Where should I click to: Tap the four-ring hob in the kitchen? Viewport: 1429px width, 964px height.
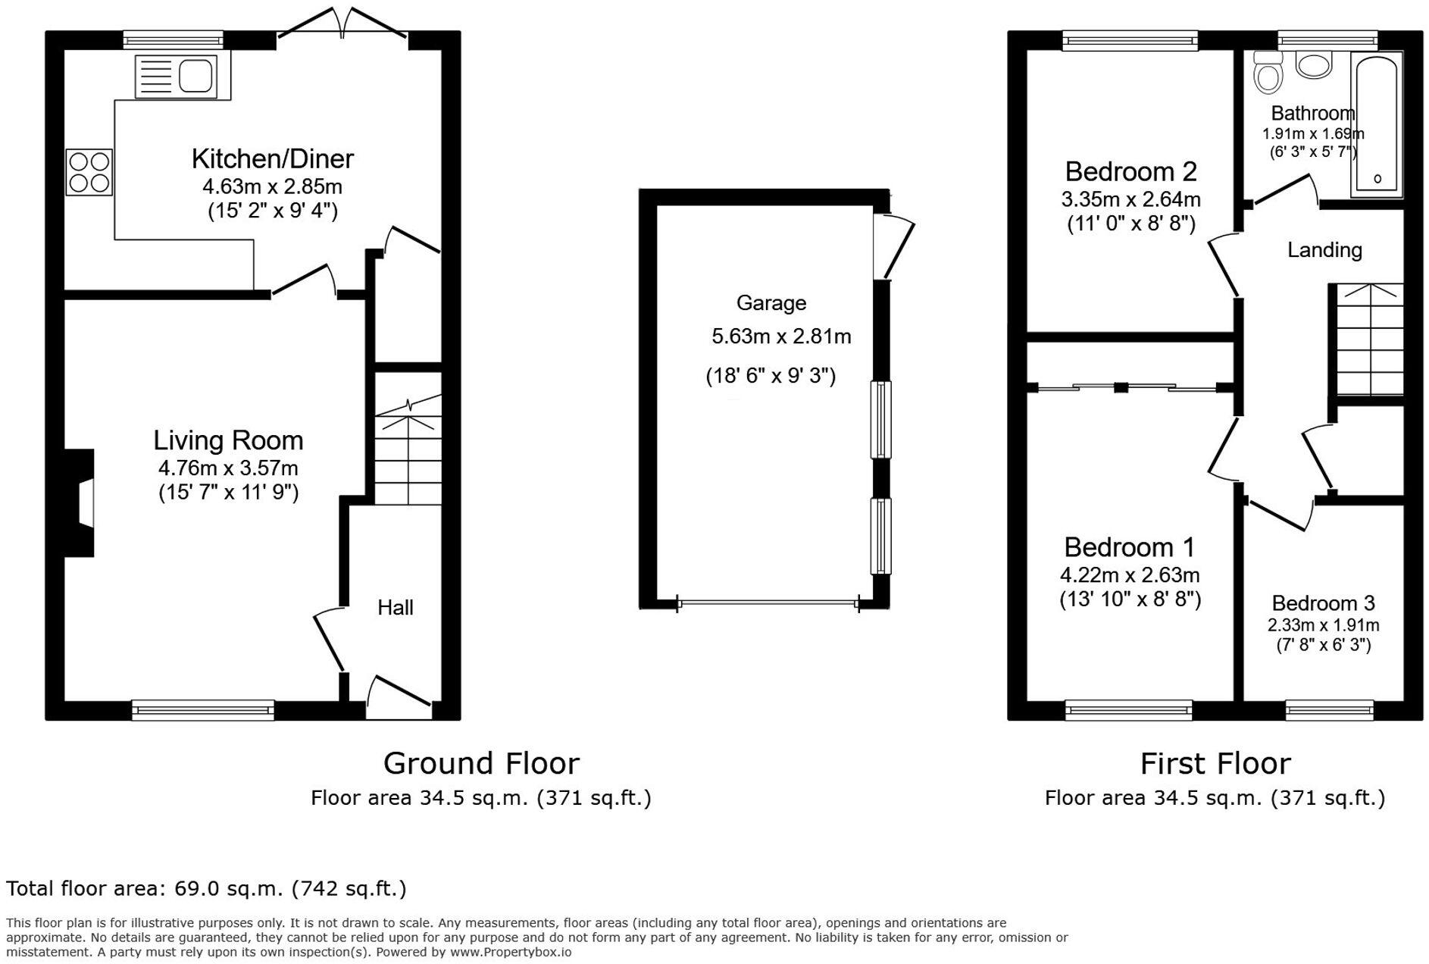click(x=89, y=171)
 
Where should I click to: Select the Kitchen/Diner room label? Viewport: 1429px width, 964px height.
click(x=272, y=159)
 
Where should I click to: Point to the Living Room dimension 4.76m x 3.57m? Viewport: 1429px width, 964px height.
click(x=228, y=468)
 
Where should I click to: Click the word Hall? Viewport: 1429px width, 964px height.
click(x=395, y=608)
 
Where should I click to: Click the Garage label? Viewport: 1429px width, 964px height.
click(x=771, y=303)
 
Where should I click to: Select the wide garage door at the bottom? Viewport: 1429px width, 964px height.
click(x=768, y=604)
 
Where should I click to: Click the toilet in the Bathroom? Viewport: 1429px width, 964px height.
click(x=1268, y=73)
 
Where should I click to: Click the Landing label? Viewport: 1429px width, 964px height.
click(x=1324, y=250)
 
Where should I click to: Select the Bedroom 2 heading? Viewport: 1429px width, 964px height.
click(x=1130, y=172)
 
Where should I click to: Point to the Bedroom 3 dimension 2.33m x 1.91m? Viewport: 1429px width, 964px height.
click(x=1323, y=625)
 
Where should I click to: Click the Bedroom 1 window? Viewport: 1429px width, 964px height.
click(x=1128, y=709)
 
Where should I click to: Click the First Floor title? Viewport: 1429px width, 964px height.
click(x=1215, y=763)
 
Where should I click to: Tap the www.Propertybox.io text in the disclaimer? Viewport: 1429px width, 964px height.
click(x=511, y=953)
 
